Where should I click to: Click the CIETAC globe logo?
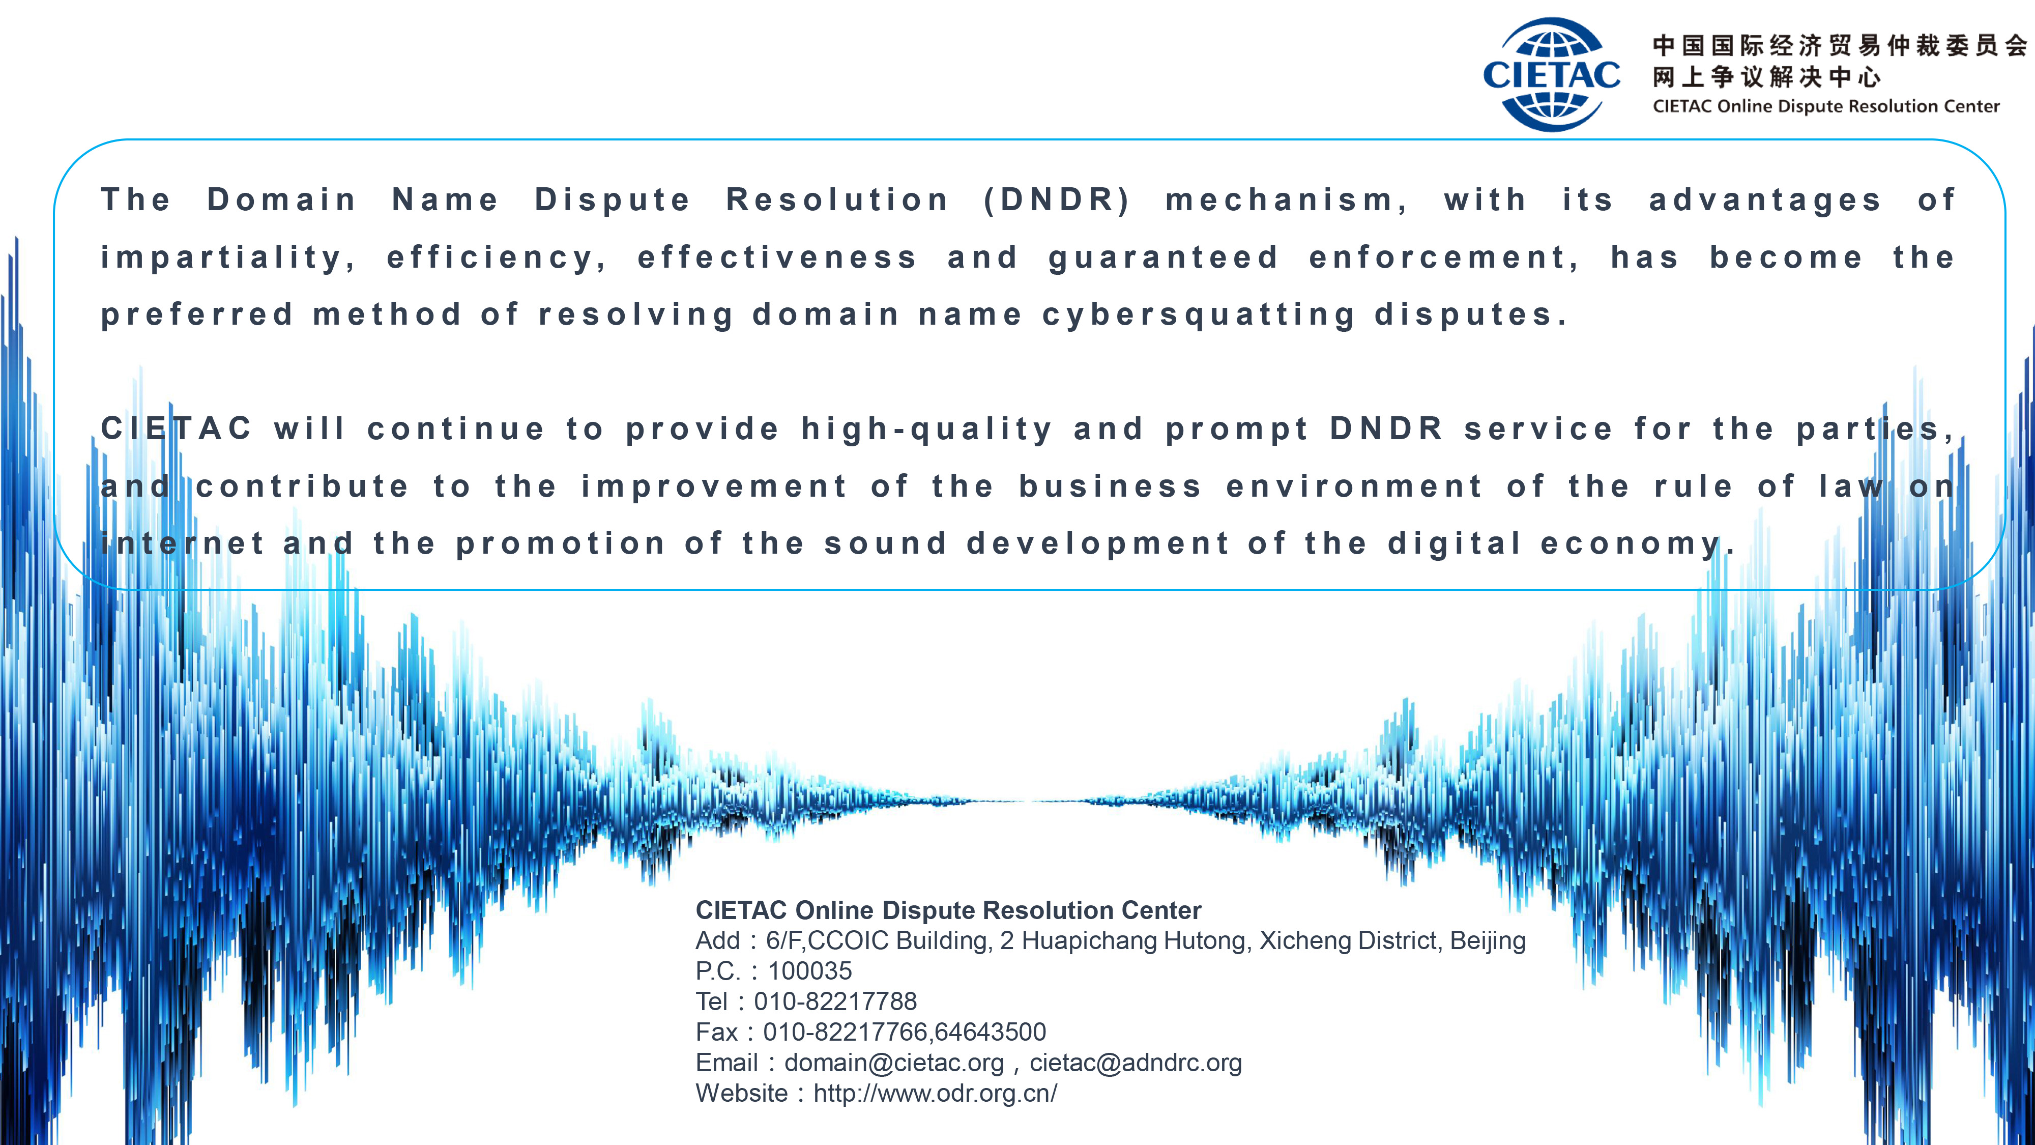1552,74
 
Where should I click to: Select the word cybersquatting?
1199,316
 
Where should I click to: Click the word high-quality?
926,429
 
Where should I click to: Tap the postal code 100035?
810,970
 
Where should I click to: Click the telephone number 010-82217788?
835,1001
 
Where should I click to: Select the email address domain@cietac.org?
893,1063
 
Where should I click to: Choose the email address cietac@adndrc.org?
1135,1063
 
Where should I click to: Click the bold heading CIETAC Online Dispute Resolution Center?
948,910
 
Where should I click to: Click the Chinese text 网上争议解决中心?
1766,77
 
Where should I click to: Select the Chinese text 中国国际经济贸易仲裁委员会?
1840,45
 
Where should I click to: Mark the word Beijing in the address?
1488,940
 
